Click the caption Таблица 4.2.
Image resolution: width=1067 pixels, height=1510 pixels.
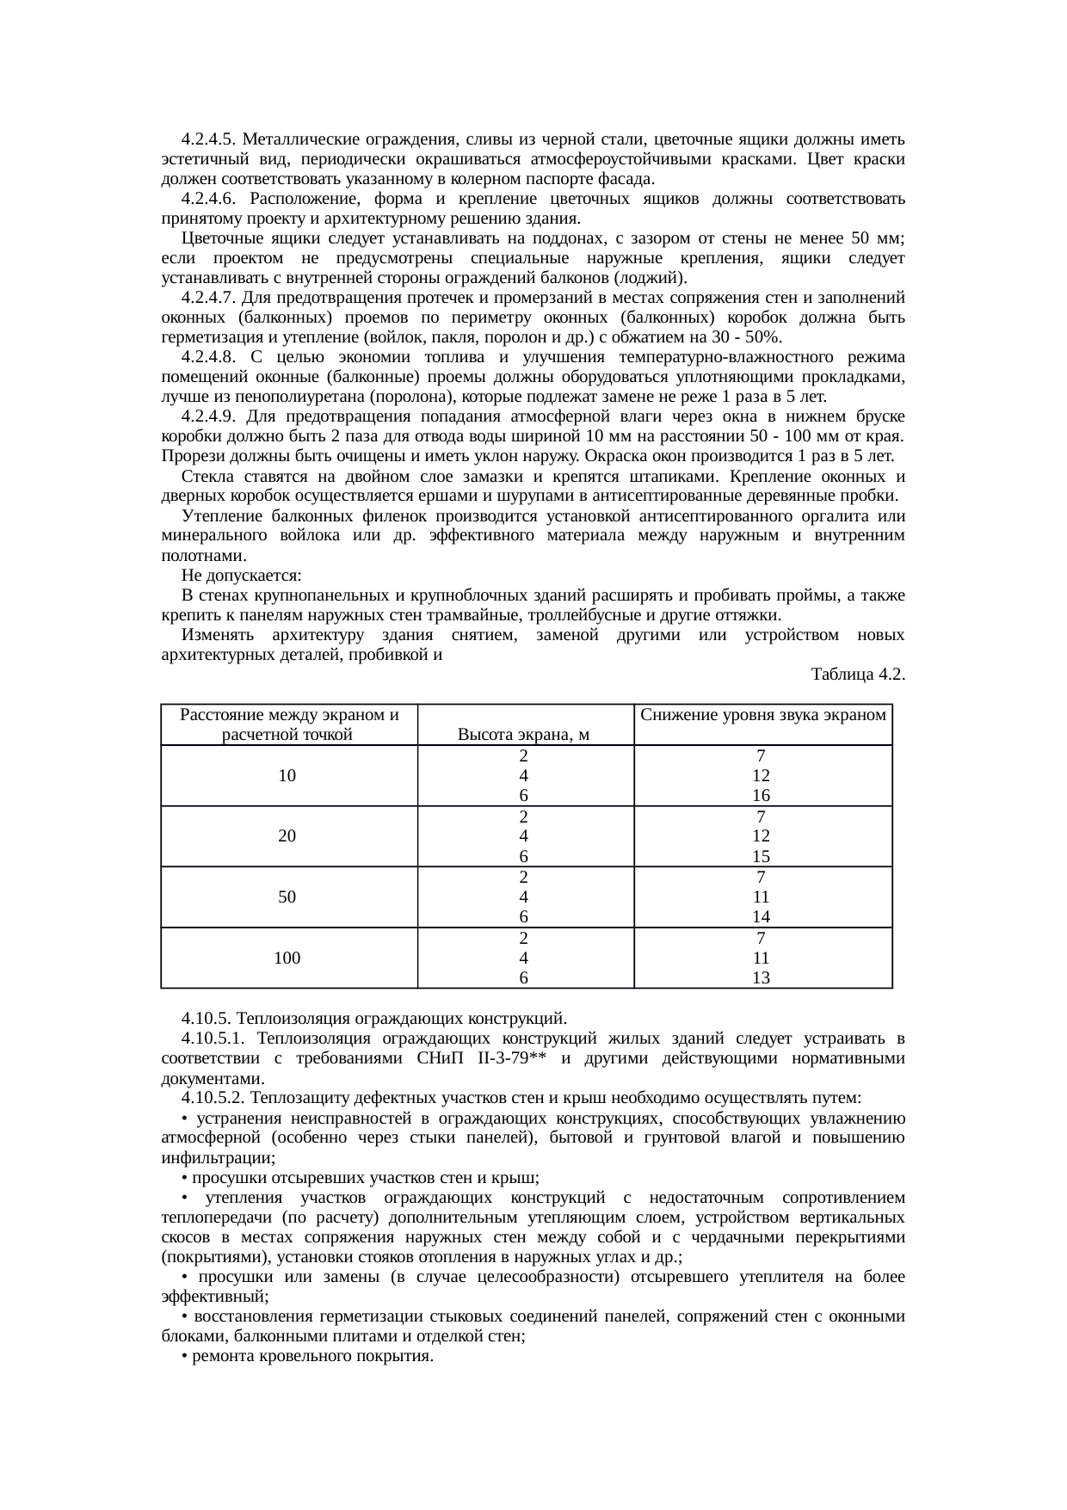[857, 675]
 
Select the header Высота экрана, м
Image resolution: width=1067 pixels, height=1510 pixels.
[523, 735]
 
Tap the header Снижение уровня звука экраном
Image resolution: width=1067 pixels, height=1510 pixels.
[763, 715]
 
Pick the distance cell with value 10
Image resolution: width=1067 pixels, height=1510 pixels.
[288, 775]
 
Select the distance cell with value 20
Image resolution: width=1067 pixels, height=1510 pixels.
[288, 835]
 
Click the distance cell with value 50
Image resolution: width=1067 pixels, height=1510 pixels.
[288, 897]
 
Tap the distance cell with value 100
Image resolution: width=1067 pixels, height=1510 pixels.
[288, 957]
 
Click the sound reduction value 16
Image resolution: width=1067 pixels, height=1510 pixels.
[762, 796]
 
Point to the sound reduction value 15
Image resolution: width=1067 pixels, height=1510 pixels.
[762, 856]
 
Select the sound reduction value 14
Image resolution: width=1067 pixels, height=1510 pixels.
[762, 917]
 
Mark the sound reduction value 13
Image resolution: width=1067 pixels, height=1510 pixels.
[762, 977]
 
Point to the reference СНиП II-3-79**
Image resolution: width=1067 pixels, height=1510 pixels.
[487, 1058]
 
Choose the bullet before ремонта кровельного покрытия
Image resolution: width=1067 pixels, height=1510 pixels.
[185, 1357]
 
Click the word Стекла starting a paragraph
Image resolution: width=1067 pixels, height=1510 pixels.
[205, 477]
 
